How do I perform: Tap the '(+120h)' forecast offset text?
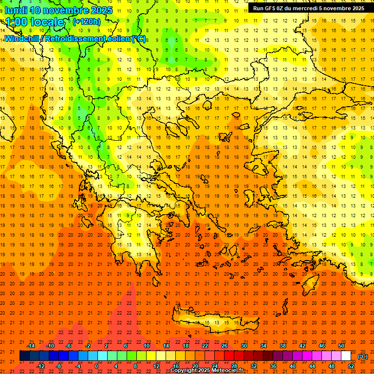pyautogui.click(x=86, y=21)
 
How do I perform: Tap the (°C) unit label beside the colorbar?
pyautogui.click(x=363, y=356)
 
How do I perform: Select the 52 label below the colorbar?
pyautogui.click(x=351, y=366)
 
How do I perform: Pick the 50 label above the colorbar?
pyautogui.click(x=341, y=346)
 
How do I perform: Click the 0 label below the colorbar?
pyautogui.click(x=96, y=366)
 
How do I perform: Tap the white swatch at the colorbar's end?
pyautogui.click(x=346, y=356)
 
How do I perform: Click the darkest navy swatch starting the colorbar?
pyautogui.click(x=24, y=356)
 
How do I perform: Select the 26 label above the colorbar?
pyautogui.click(x=224, y=346)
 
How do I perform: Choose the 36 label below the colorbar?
pyautogui.click(x=273, y=366)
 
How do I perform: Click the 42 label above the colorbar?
pyautogui.click(x=302, y=346)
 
